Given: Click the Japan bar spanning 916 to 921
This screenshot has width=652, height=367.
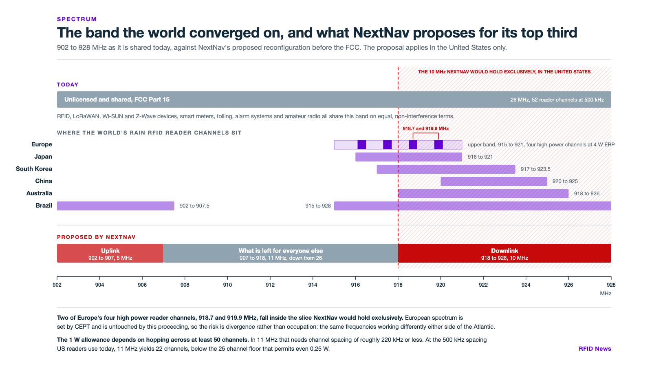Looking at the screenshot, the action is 409,157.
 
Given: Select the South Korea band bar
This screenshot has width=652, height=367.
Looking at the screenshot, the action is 446,169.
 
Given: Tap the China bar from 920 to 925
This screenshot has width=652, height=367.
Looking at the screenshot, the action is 494,181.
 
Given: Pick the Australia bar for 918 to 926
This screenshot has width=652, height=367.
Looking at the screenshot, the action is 483,194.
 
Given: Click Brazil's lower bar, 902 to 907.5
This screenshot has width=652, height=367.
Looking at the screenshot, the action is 116,206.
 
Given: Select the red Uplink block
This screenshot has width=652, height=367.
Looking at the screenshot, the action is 110,253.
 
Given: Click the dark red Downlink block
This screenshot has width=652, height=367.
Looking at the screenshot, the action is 504,253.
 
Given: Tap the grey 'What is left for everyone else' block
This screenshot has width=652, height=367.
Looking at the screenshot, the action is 281,253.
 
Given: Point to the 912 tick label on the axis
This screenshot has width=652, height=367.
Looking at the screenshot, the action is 270,285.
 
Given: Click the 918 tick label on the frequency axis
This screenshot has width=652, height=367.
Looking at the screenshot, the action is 398,285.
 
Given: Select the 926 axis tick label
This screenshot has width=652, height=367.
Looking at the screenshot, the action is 568,285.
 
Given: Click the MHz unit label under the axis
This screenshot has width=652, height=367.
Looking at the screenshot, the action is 606,294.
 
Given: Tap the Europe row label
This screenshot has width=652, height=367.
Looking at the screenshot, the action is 42,144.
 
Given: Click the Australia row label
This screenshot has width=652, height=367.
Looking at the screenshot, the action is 39,193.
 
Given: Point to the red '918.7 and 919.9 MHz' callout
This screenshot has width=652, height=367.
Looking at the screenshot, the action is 425,128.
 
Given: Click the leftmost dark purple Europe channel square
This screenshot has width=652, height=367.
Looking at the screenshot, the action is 362,145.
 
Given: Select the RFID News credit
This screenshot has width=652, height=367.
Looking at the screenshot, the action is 595,349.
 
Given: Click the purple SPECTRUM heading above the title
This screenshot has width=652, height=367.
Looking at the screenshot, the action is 77,19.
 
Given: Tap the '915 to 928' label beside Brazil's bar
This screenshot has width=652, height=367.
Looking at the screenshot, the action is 318,206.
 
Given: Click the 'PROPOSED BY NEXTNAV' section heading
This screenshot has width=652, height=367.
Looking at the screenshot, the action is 96,237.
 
